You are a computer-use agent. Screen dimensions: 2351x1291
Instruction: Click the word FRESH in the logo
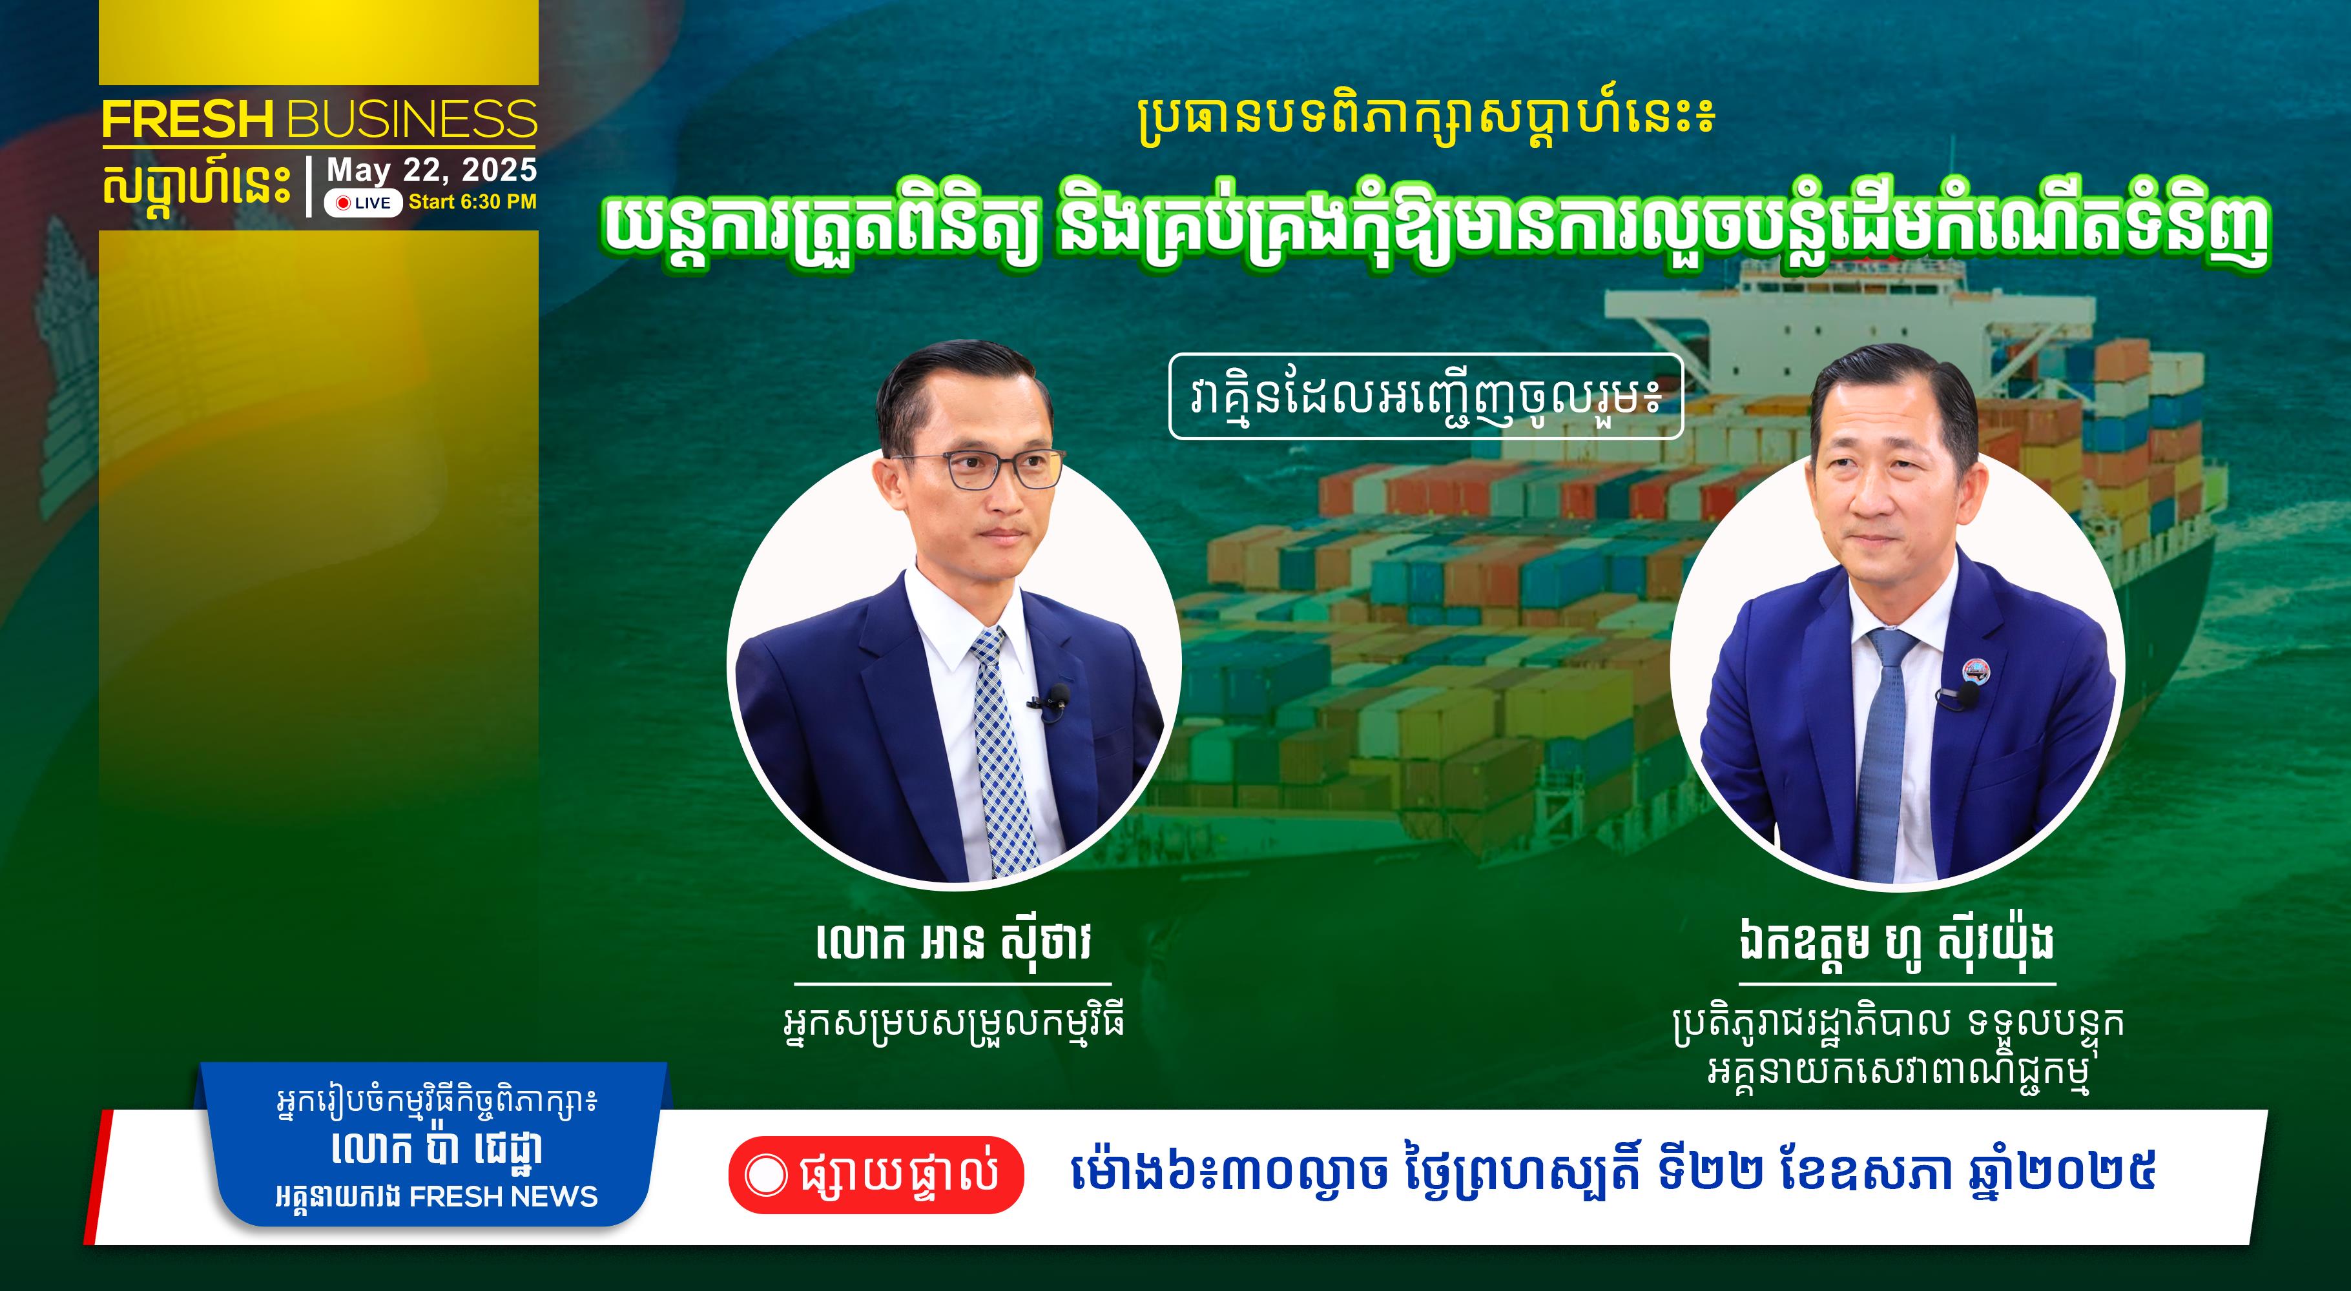pyautogui.click(x=188, y=119)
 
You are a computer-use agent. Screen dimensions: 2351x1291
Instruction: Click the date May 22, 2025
pyautogui.click(x=431, y=170)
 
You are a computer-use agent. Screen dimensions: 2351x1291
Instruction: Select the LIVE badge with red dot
pyautogui.click(x=363, y=203)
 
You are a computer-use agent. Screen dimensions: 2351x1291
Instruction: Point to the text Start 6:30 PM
pyautogui.click(x=473, y=201)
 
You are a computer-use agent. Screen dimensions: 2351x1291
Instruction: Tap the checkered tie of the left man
pyautogui.click(x=1003, y=753)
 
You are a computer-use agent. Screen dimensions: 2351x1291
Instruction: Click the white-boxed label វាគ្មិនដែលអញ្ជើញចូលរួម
pyautogui.click(x=1425, y=397)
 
